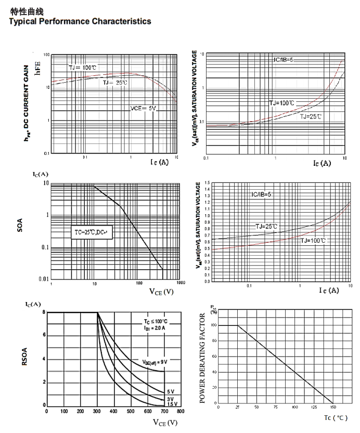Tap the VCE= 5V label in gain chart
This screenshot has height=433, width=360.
143,108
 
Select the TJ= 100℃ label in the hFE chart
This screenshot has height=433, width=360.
83,68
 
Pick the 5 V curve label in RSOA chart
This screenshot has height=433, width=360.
170,391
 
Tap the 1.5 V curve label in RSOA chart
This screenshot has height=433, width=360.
172,404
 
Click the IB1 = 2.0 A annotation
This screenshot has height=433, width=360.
155,329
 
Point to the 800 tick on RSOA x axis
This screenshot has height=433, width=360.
181,411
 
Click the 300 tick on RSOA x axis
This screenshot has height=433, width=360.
97,411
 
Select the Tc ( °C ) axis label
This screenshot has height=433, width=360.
335,417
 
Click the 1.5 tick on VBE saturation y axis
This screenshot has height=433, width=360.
207,183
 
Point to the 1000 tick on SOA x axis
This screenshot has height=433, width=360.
181,283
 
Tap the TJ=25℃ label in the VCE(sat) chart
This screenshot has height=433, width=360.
311,116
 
